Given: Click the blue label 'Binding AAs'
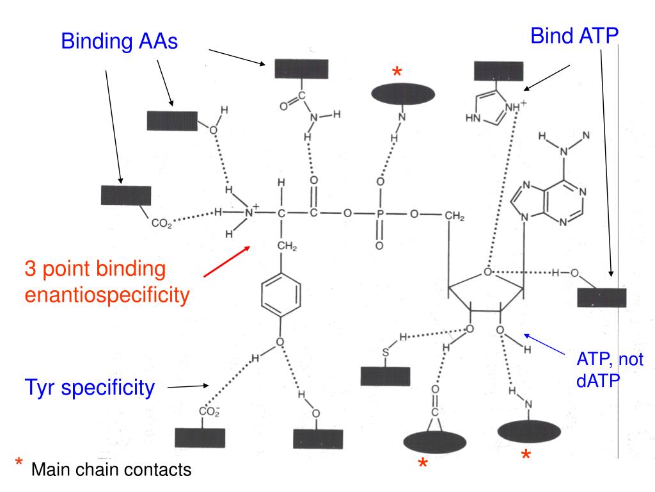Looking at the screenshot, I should pyautogui.click(x=119, y=42).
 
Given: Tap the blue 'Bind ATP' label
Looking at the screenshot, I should pyautogui.click(x=574, y=37).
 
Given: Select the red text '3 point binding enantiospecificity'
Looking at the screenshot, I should pyautogui.click(x=107, y=282).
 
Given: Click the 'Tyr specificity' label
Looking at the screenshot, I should pyautogui.click(x=90, y=387).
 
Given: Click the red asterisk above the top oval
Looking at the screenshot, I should pyautogui.click(x=397, y=73).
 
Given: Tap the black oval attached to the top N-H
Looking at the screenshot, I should pyautogui.click(x=403, y=94).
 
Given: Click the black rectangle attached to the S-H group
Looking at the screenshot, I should pyautogui.click(x=385, y=375).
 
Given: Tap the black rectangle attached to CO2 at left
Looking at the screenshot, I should pyautogui.click(x=126, y=195).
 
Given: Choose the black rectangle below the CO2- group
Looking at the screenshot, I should pyautogui.click(x=200, y=437).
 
